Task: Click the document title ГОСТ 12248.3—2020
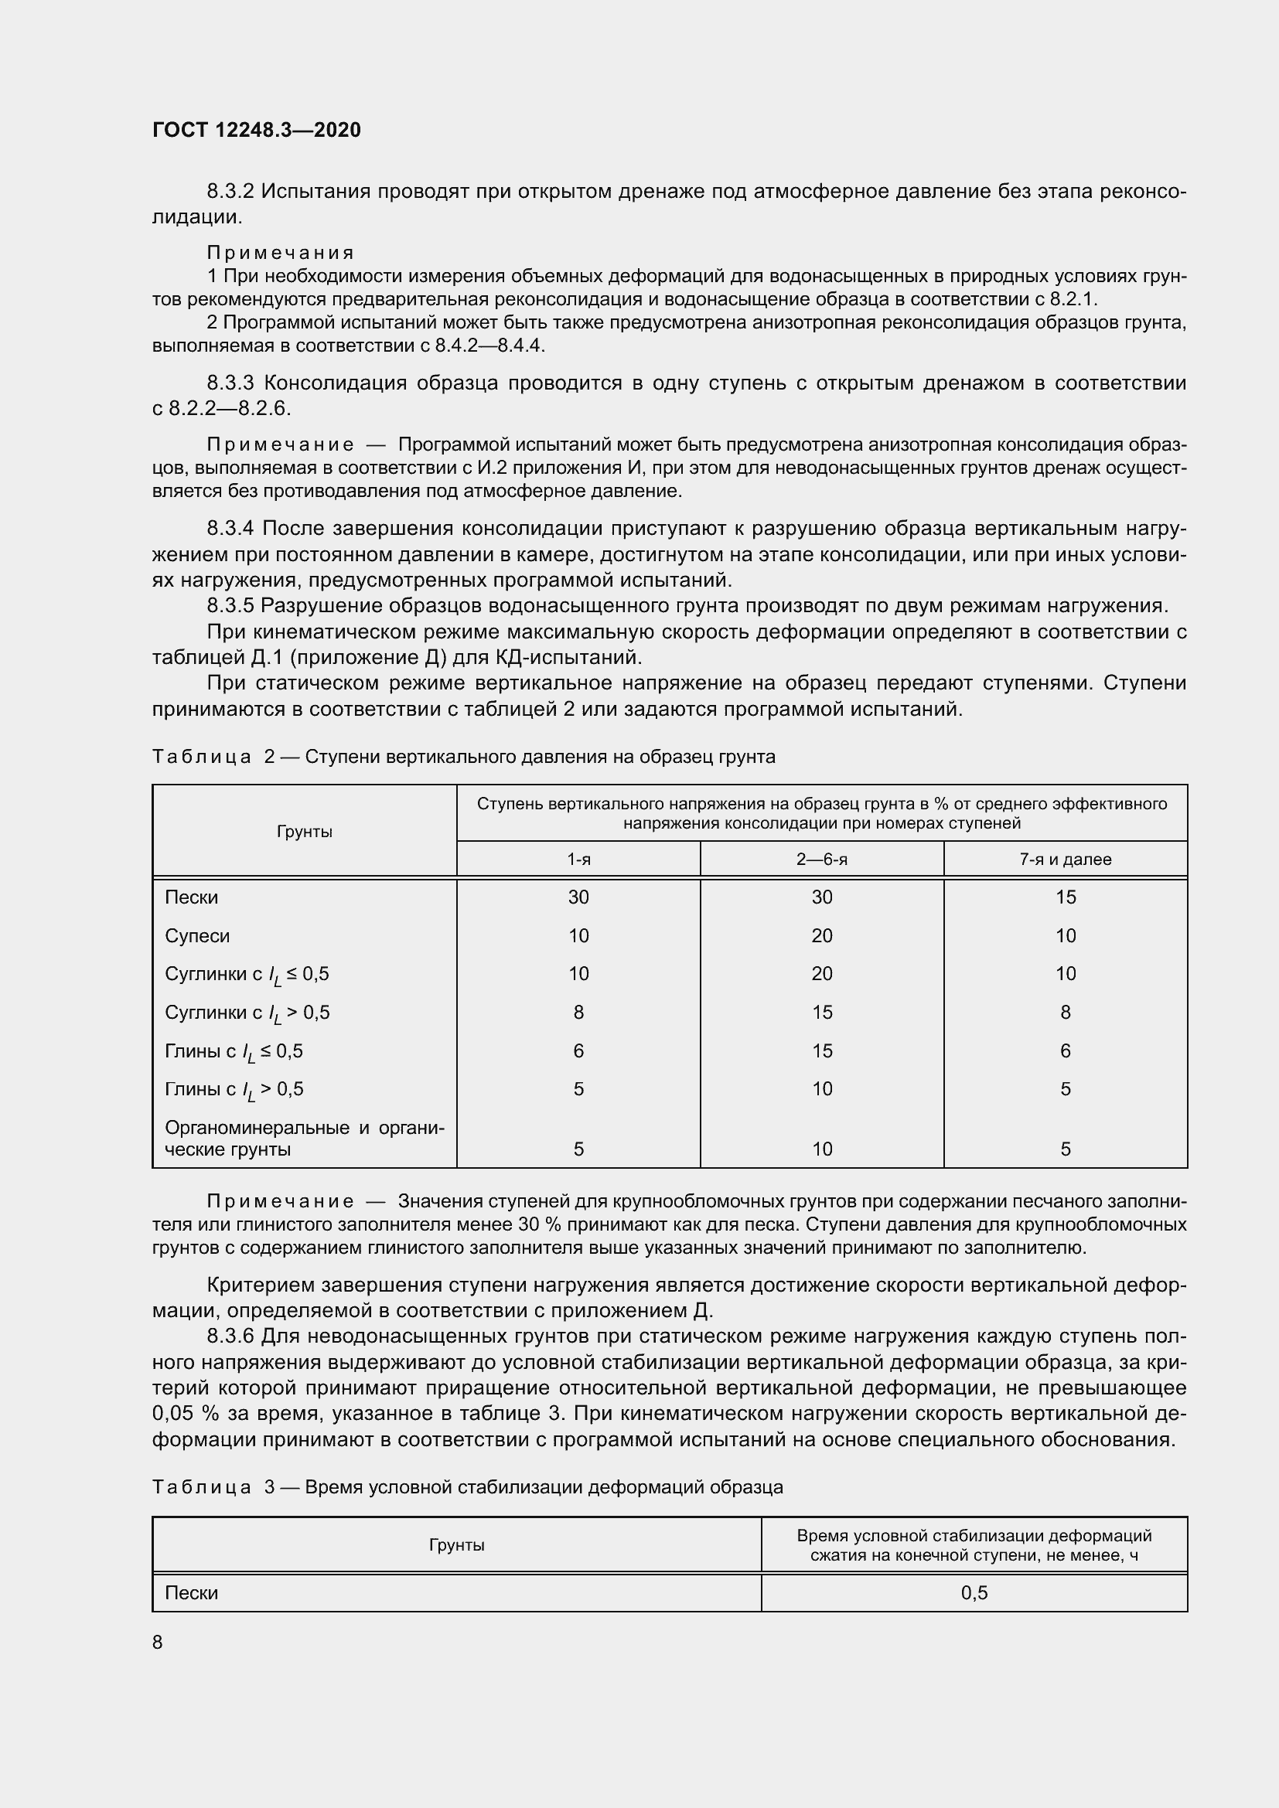click(256, 130)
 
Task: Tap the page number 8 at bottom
click(158, 1642)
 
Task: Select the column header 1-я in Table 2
click(578, 859)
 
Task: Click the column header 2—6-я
click(821, 859)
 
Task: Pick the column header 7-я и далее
click(1065, 859)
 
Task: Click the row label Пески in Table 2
click(191, 897)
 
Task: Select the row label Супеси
click(197, 935)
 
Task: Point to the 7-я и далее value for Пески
click(1065, 897)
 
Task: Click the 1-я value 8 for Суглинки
click(578, 1012)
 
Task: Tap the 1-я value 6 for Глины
click(578, 1050)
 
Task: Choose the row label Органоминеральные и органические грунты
click(304, 1138)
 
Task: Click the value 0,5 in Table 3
click(974, 1593)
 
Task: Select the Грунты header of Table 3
click(456, 1545)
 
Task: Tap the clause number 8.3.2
click(230, 192)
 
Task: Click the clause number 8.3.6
click(230, 1336)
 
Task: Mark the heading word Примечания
click(281, 253)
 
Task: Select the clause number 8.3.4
click(230, 529)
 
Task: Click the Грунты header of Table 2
click(304, 832)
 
